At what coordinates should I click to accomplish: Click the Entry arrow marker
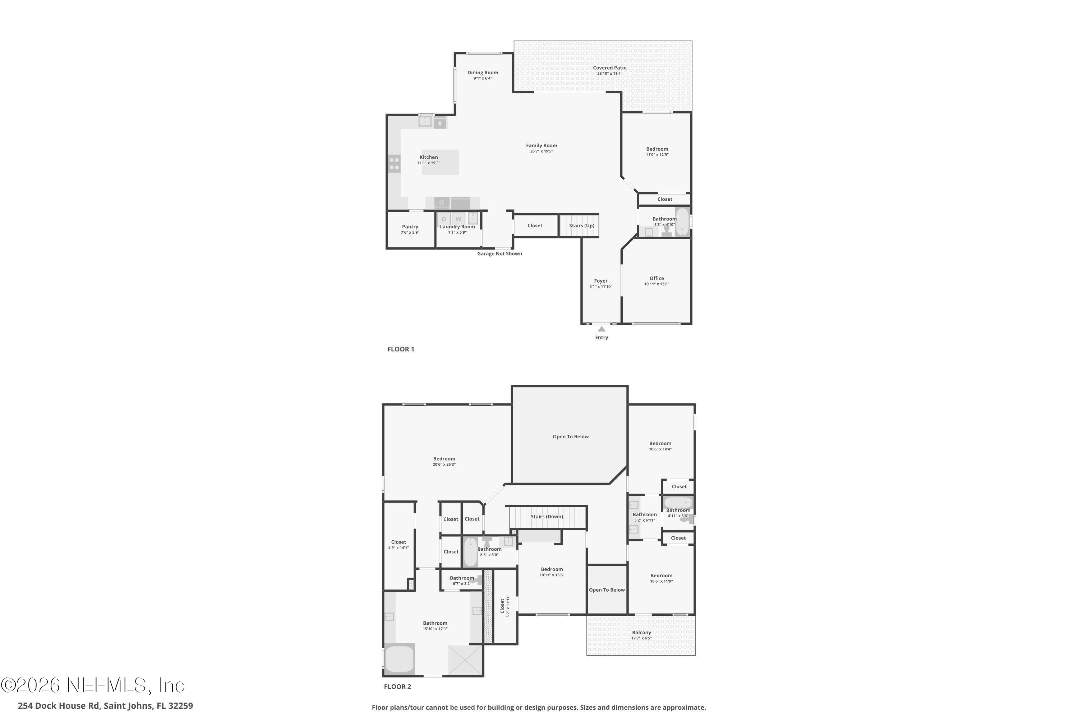[x=601, y=329]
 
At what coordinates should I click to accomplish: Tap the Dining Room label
[x=483, y=73]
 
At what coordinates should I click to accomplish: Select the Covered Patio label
[x=609, y=68]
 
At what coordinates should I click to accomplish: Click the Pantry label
[x=410, y=227]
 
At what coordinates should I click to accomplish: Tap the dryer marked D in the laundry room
[x=444, y=219]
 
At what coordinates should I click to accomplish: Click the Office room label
[x=657, y=279]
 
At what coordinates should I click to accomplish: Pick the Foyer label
[x=600, y=281]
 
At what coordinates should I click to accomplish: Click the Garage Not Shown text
[x=499, y=254]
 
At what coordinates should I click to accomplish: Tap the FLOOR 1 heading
[x=401, y=349]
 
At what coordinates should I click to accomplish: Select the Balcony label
[x=641, y=632]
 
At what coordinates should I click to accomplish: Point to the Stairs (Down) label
[x=547, y=517]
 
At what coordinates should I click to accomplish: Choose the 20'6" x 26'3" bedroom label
[x=444, y=459]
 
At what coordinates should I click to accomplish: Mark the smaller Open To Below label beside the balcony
[x=607, y=590]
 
